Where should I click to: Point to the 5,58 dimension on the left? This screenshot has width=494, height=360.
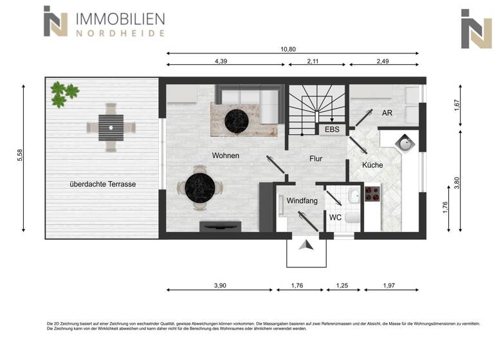pyautogui.click(x=20, y=157)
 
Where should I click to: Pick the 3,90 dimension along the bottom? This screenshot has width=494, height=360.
pyautogui.click(x=221, y=285)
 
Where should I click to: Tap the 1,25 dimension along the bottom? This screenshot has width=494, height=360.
pyautogui.click(x=342, y=285)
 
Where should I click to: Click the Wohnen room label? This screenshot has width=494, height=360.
pyautogui.click(x=226, y=156)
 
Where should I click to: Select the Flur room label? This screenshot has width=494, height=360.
pyautogui.click(x=316, y=159)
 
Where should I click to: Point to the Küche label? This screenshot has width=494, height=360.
pyautogui.click(x=372, y=165)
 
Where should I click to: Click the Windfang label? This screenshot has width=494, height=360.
pyautogui.click(x=302, y=201)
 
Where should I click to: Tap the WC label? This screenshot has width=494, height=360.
pyautogui.click(x=335, y=217)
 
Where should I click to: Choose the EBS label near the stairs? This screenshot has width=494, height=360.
pyautogui.click(x=332, y=130)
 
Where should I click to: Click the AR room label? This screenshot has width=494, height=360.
pyautogui.click(x=387, y=113)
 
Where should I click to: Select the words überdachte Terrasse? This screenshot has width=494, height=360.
pyautogui.click(x=103, y=184)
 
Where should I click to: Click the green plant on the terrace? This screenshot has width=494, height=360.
pyautogui.click(x=64, y=93)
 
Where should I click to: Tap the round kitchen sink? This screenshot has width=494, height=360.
pyautogui.click(x=405, y=143)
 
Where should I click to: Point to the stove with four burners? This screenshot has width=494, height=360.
pyautogui.click(x=372, y=194)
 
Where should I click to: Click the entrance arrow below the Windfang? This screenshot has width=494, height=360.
pyautogui.click(x=307, y=246)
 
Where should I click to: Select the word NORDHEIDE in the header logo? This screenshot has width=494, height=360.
pyautogui.click(x=120, y=33)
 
